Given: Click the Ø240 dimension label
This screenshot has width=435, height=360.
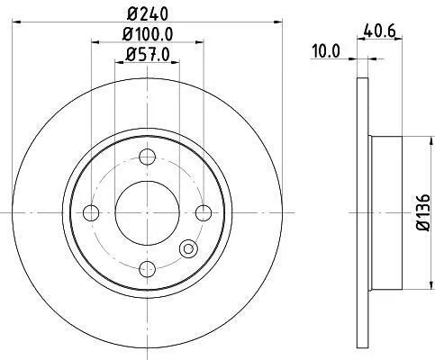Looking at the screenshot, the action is pyautogui.click(x=147, y=13).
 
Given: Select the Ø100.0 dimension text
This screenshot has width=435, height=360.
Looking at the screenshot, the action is pyautogui.click(x=148, y=34).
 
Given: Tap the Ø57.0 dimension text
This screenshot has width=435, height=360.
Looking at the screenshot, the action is pyautogui.click(x=148, y=55).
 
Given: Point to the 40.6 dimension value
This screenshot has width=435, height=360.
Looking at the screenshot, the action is pyautogui.click(x=379, y=31).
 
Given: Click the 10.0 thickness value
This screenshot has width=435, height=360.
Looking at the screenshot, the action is pyautogui.click(x=326, y=51).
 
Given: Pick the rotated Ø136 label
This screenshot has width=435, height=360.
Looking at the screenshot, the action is pyautogui.click(x=423, y=212).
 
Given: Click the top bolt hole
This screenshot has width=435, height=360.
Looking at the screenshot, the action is pyautogui.click(x=148, y=157).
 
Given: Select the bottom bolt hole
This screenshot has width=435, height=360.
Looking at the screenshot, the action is pyautogui.click(x=148, y=269).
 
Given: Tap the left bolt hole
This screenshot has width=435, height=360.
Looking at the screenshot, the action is pyautogui.click(x=91, y=213).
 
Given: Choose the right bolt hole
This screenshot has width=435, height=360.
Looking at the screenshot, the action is pyautogui.click(x=204, y=213).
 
